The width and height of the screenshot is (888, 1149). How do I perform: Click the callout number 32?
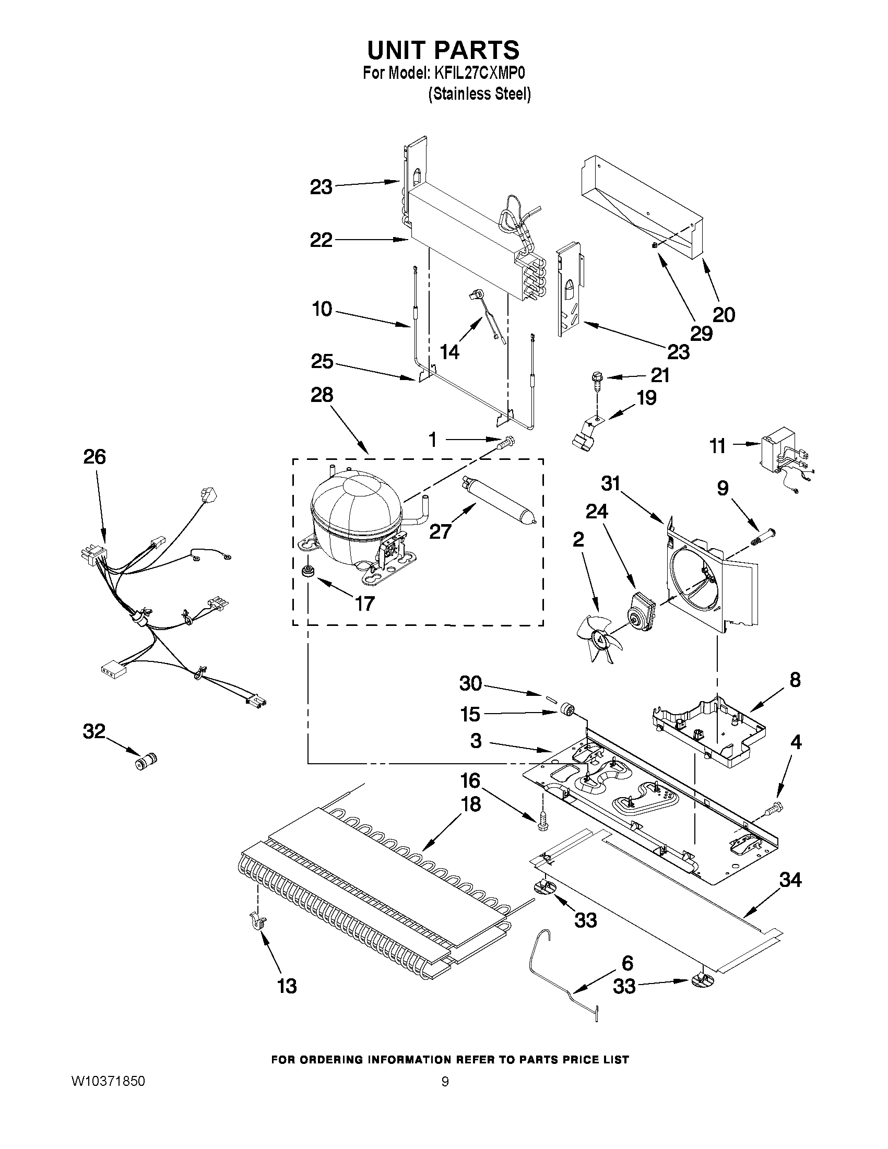tap(94, 731)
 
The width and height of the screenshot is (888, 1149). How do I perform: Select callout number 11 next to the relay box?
tap(718, 446)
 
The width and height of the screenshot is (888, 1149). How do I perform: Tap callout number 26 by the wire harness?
tap(94, 457)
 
